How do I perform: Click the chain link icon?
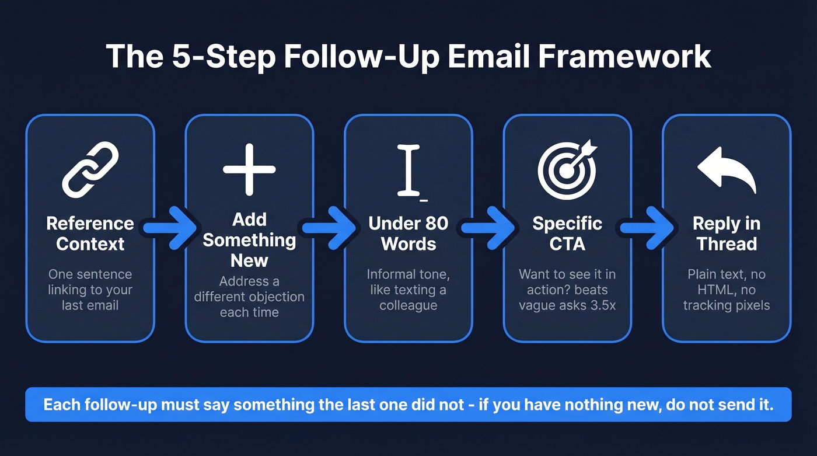90,169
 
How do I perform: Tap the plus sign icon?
249,170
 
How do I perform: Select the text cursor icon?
409,170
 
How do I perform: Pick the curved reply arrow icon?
727,169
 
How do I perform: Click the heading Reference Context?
90,234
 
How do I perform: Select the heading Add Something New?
249,239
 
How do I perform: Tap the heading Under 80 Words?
408,234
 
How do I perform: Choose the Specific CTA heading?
567,234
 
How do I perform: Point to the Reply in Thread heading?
727,234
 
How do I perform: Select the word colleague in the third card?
408,305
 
